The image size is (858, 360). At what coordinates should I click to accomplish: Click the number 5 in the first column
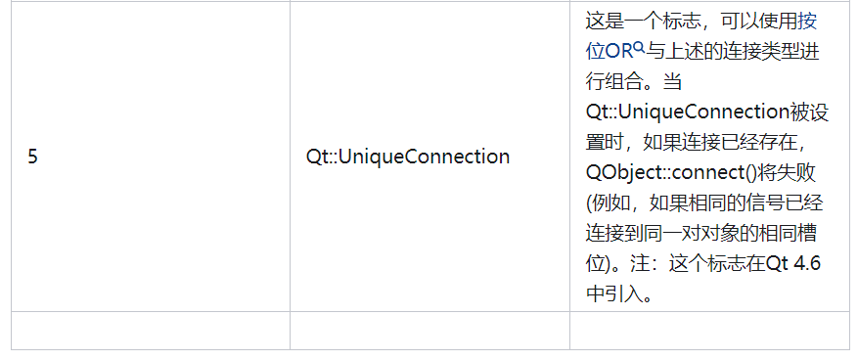tap(32, 157)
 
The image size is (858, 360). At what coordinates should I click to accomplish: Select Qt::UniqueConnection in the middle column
tap(407, 157)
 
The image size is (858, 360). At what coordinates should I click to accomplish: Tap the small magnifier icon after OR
tap(639, 46)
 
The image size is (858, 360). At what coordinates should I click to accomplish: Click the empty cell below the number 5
tap(151, 330)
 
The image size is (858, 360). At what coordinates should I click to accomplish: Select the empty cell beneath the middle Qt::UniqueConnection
tap(429, 330)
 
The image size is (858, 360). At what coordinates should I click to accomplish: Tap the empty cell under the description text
tap(709, 330)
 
